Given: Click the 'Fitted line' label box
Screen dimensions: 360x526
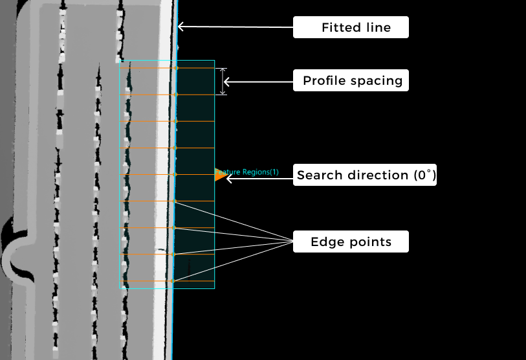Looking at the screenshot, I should [351, 28].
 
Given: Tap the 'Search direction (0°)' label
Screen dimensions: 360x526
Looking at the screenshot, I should [365, 175].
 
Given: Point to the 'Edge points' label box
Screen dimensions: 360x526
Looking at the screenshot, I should [351, 242].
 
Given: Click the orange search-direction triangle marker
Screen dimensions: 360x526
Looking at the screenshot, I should [220, 175].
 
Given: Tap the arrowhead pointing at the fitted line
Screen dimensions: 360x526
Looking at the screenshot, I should [181, 27].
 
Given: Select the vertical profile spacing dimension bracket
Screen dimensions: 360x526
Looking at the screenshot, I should [223, 82].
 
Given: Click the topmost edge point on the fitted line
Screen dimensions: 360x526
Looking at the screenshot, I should [177, 68].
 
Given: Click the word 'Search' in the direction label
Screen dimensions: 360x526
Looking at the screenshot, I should [318, 175].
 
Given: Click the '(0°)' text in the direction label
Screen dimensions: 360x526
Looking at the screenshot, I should [423, 175].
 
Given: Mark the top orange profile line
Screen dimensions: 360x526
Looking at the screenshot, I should [149, 68].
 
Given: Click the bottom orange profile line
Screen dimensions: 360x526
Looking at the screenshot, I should [149, 281].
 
